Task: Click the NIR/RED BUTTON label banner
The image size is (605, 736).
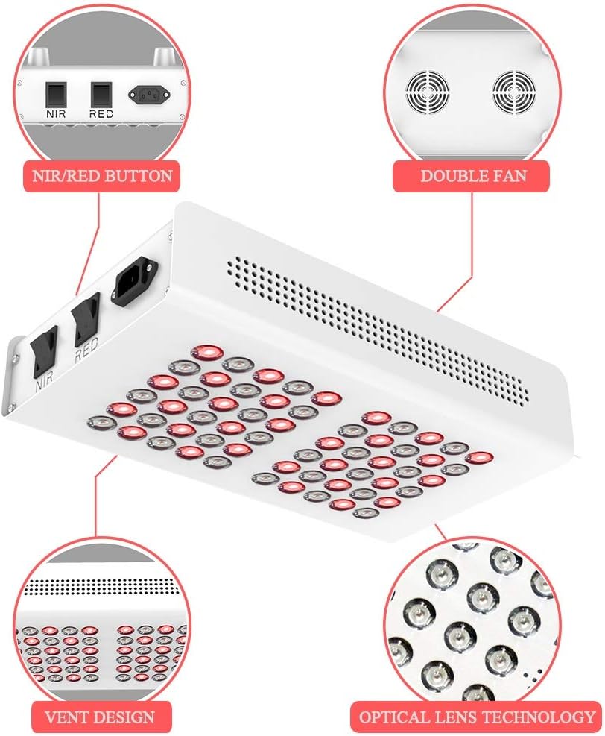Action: tap(101, 177)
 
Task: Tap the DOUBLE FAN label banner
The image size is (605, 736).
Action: tap(472, 177)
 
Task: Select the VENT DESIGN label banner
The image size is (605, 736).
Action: tap(101, 717)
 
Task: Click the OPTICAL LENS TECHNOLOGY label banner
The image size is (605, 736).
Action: tap(476, 717)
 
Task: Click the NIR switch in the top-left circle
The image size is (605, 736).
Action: tap(55, 94)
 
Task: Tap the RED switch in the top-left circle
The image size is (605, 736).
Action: tap(101, 94)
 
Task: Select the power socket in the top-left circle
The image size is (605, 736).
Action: tap(148, 94)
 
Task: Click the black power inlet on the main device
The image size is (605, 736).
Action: tap(135, 281)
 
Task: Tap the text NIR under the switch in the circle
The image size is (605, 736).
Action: tap(55, 115)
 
